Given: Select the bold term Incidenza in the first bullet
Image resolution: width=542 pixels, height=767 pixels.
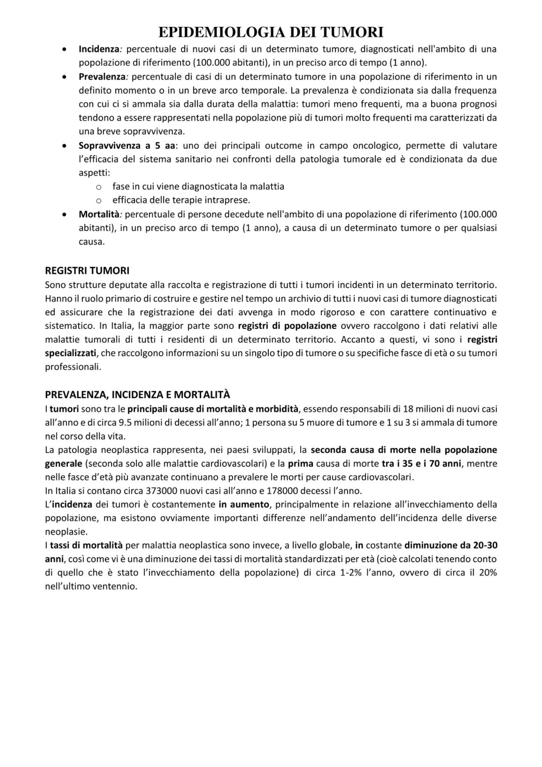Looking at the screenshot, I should [99, 49].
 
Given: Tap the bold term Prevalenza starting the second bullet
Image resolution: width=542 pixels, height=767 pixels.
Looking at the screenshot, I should [102, 77].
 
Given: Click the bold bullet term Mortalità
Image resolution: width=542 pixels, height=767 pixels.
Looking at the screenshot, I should [99, 214].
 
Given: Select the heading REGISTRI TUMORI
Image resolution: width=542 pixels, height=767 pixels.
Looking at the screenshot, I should [87, 271].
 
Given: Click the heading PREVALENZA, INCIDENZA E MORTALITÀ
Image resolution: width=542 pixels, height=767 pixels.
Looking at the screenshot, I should [137, 395].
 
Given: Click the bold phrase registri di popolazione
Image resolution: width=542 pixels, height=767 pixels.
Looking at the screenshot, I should [287, 326].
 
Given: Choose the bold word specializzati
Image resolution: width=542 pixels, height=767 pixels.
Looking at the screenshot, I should [71, 353].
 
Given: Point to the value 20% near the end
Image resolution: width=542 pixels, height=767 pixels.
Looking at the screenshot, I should [488, 573].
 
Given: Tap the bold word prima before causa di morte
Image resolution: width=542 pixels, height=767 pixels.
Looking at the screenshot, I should [301, 464].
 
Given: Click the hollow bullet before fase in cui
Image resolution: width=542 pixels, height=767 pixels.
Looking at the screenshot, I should [99, 187].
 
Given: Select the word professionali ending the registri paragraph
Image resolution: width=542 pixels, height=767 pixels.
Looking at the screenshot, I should [73, 367].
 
